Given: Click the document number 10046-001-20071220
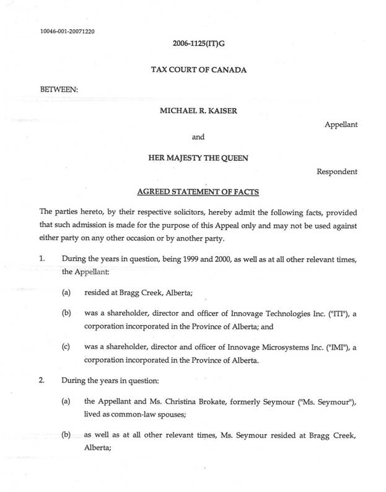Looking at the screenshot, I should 68,30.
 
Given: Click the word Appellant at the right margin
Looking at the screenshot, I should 341,124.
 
